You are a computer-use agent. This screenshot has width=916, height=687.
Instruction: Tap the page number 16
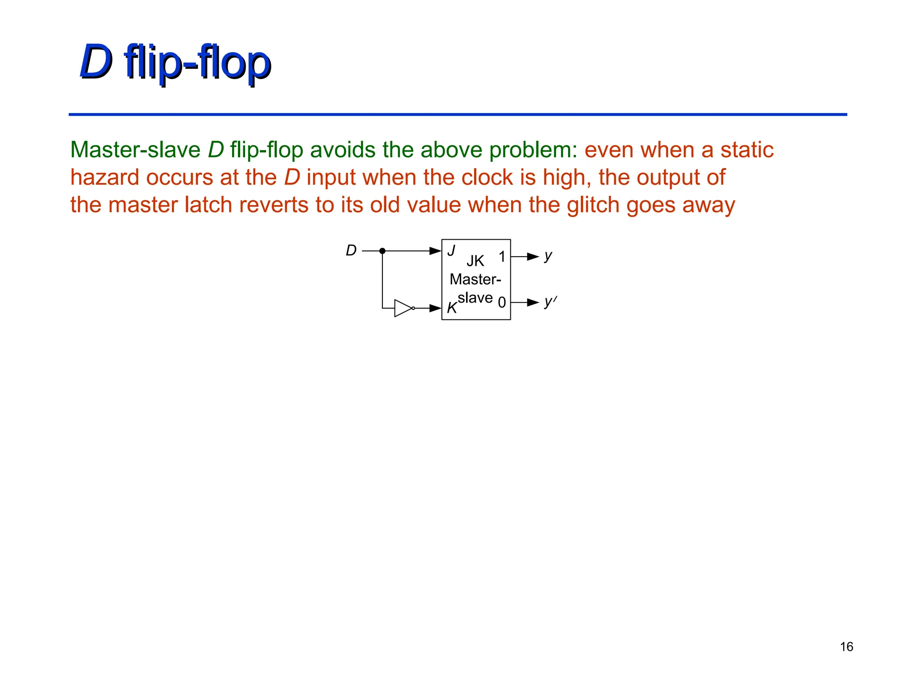coord(846,647)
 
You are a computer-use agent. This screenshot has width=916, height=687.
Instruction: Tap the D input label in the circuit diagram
coord(351,250)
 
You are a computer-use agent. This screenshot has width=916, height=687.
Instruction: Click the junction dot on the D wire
coord(382,251)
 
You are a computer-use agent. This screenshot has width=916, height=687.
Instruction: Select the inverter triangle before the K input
coord(403,308)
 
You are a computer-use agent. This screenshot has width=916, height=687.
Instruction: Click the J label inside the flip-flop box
coord(451,250)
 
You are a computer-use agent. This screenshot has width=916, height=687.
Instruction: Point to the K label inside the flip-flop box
coord(452,308)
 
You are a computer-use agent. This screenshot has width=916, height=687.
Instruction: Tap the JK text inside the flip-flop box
coord(475,261)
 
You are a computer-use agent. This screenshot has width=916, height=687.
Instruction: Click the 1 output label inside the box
coord(502,257)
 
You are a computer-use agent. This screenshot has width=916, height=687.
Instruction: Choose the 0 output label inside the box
coord(502,303)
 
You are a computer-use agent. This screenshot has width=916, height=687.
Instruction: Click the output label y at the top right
coord(548,256)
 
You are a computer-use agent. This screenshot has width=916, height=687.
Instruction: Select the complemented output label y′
coord(550,302)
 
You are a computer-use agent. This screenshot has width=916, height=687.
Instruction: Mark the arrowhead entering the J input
coord(435,251)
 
